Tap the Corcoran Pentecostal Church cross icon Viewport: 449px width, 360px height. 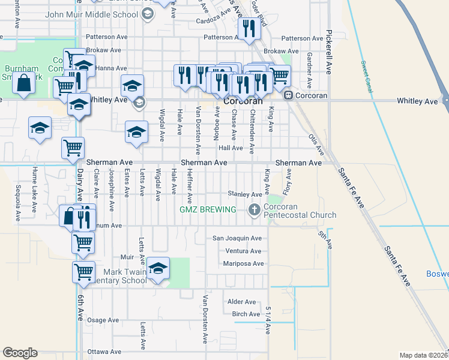(254, 209)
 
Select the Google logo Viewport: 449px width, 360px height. (20, 353)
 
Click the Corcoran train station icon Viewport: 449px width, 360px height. (289, 95)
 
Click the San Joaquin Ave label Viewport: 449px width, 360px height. (238, 238)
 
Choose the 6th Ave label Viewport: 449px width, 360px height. (80, 306)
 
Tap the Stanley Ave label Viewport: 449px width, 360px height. (245, 194)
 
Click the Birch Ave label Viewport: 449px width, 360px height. (246, 314)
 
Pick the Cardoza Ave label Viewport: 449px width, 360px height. (215, 20)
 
